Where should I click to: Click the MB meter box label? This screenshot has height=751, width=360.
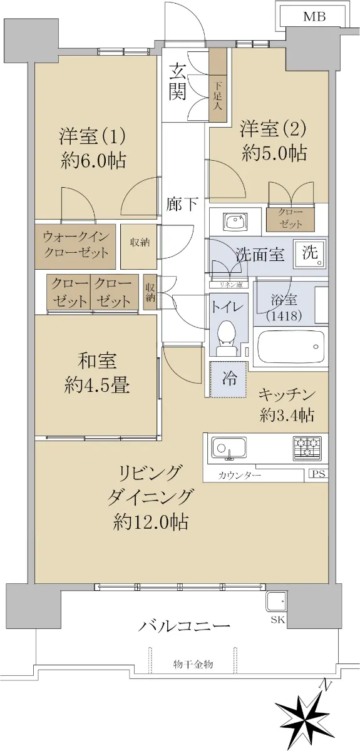coord(314,17)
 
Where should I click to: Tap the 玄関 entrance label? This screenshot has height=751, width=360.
coord(177,82)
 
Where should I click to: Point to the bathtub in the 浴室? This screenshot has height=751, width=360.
coord(291,348)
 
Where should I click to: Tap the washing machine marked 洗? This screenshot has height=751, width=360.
coord(310,254)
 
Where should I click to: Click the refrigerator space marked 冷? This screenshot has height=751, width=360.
coord(229,379)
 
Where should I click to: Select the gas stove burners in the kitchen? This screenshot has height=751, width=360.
coord(307,448)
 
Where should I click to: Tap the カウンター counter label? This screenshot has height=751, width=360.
coord(239,475)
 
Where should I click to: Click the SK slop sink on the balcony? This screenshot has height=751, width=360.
coord(275,602)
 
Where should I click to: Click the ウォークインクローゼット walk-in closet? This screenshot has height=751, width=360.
coord(76,247)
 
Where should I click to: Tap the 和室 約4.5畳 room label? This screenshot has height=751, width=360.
coord(96,373)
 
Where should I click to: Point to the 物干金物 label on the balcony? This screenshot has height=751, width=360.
coord(193,663)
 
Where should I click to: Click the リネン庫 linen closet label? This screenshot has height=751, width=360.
coord(229,285)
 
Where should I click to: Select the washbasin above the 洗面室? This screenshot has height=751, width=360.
coord(235,222)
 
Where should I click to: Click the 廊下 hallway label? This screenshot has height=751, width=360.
coord(183,204)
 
